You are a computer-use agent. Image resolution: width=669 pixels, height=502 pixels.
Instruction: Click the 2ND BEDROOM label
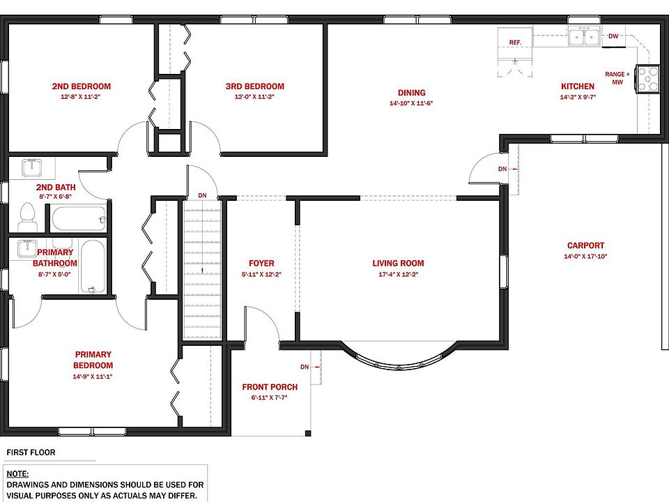[x=82, y=86]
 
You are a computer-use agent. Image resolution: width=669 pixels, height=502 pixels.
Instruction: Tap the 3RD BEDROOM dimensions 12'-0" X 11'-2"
[x=255, y=97]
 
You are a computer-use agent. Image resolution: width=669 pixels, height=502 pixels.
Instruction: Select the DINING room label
[x=412, y=93]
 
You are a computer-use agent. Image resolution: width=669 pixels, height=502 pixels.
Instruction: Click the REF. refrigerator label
[x=516, y=43]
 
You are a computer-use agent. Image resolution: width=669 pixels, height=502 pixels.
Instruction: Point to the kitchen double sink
[x=584, y=36]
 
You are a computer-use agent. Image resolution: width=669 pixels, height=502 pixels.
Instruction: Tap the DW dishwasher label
[x=613, y=36]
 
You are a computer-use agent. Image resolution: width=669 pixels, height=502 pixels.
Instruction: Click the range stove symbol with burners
[x=647, y=79]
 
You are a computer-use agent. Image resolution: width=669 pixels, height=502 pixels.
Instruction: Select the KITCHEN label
[x=578, y=86]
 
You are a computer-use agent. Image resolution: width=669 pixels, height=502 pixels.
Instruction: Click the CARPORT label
[x=586, y=245]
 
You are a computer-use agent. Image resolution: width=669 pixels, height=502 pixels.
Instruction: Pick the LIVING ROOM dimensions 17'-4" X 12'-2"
[x=399, y=275]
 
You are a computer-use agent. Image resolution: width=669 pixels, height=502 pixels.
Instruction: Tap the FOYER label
[x=261, y=264]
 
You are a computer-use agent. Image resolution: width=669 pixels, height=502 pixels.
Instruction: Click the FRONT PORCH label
[x=270, y=387]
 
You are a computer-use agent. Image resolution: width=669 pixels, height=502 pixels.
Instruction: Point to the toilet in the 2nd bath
[x=28, y=217]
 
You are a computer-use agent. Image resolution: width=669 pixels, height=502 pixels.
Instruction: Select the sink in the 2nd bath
[x=31, y=168]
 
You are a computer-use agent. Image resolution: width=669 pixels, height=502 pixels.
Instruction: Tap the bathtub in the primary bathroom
[x=93, y=267]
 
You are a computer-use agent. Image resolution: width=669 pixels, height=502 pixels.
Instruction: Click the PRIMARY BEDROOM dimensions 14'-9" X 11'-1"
[x=93, y=376]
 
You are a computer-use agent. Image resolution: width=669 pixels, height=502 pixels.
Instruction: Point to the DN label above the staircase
[x=202, y=195]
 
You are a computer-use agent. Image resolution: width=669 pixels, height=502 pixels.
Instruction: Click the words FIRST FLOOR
[x=31, y=452]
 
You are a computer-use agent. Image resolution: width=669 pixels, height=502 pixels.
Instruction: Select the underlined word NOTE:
[x=17, y=474]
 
